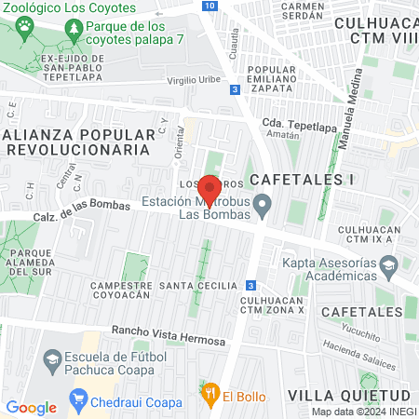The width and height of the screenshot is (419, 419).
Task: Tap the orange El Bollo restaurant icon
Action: coord(211,394)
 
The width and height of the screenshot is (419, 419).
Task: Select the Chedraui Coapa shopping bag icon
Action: coord(78,401)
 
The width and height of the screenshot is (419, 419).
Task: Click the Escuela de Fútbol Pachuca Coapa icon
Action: coord(52,359)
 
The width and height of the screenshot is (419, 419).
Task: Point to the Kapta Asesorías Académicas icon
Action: coord(407,264)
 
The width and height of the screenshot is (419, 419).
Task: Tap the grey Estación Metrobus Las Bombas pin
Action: coord(264,203)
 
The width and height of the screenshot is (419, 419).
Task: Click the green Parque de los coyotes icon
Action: coord(74,32)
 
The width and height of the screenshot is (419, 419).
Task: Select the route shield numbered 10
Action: coord(210,6)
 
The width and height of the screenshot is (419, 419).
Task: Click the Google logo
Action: coord(31,407)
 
